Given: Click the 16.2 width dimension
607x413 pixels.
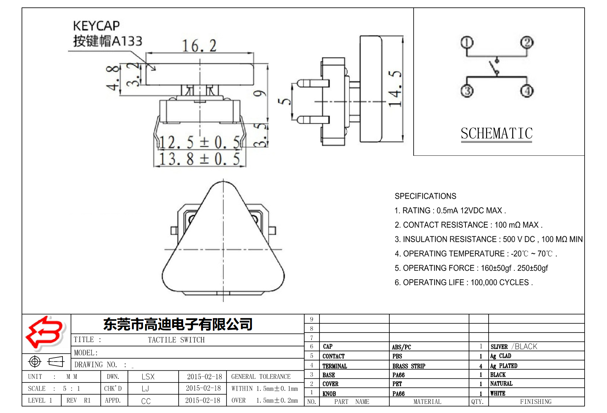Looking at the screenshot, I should [x=199, y=46].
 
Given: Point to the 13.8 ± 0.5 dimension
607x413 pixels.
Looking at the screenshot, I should [x=199, y=159].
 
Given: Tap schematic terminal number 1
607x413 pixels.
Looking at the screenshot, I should [x=467, y=43].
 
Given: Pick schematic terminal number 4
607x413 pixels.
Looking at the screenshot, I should [x=527, y=90].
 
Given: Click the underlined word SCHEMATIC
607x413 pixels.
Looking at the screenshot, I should [x=496, y=133].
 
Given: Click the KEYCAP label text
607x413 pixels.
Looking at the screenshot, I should [x=96, y=26].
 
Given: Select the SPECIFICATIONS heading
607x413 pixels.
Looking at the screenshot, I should [x=425, y=196].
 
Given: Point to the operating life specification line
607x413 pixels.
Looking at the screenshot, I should [x=463, y=283].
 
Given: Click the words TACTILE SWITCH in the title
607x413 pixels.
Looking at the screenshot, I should [x=176, y=340].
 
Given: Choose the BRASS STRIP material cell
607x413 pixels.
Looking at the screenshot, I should [x=408, y=366].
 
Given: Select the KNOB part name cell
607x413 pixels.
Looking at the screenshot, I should [x=329, y=394].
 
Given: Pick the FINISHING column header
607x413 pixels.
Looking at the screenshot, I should [x=535, y=402].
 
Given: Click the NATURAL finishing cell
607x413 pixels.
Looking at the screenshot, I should [x=501, y=384].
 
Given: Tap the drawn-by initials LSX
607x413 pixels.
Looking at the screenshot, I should [x=148, y=377].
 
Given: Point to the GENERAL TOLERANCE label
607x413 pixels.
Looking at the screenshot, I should [x=261, y=377].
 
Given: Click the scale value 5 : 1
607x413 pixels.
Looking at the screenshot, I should [x=71, y=388].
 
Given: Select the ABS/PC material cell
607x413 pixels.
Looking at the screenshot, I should [x=401, y=347].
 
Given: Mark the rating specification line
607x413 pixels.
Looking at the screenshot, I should [x=450, y=211].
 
